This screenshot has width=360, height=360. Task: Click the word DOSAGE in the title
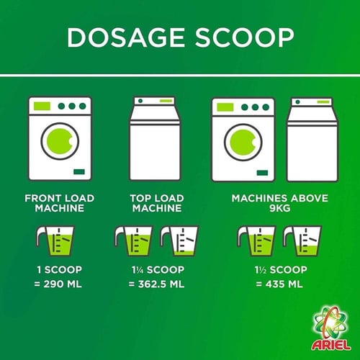[x=126, y=37]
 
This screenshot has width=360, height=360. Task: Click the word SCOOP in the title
[x=244, y=37]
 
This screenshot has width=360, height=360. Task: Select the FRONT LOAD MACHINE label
[x=60, y=203]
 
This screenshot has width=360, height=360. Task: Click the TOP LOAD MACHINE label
[x=157, y=203]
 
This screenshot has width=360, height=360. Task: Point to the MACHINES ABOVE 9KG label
[x=280, y=203]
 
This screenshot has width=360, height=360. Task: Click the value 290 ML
[x=63, y=284]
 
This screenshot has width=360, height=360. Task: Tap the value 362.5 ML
[x=161, y=284]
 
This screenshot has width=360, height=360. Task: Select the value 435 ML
[x=284, y=284]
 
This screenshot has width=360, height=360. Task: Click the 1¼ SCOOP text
[x=158, y=270]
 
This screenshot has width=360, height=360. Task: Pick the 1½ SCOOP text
[x=281, y=270]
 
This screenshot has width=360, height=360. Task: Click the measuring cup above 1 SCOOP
[x=55, y=241]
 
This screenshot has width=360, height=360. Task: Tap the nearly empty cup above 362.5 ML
[x=179, y=241]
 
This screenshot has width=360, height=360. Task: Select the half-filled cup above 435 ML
[x=302, y=241]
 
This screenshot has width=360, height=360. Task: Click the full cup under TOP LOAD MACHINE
[x=133, y=241]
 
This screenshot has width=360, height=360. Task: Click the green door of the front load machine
[x=60, y=141]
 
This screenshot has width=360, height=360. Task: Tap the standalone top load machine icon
[x=155, y=139]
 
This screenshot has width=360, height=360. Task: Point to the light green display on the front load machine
[x=42, y=106]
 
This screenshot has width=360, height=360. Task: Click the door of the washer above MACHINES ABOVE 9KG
[x=243, y=142]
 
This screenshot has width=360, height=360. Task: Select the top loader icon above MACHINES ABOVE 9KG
[x=312, y=139]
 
